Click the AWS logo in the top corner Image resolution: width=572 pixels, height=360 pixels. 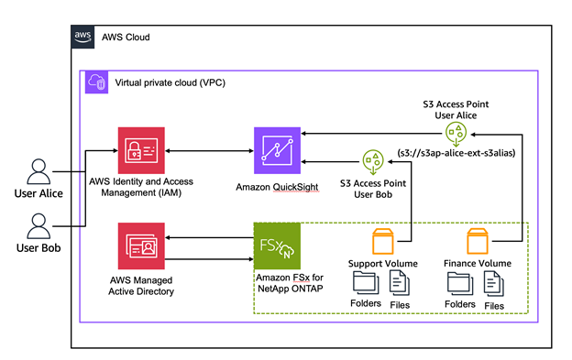[x=82, y=37]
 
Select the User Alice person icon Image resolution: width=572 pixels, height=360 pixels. [x=38, y=172]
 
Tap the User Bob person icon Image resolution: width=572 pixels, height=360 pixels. [x=38, y=225]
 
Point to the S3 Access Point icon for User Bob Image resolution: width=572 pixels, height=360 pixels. [x=372, y=163]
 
